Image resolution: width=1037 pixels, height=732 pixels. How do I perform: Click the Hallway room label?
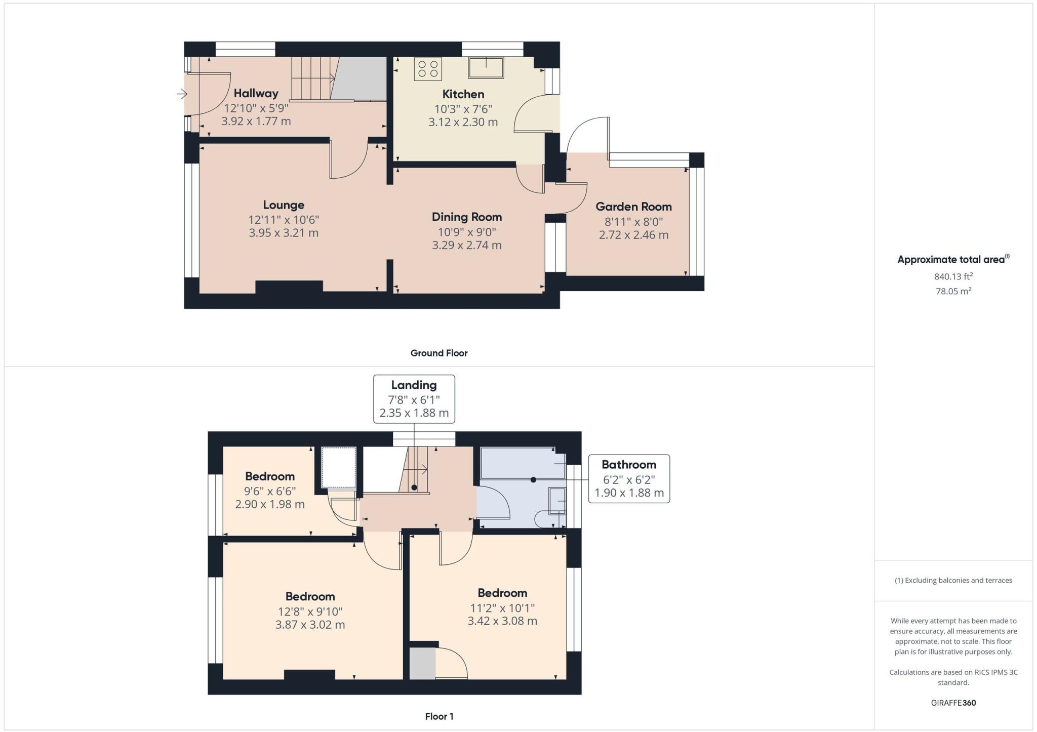click(x=256, y=93)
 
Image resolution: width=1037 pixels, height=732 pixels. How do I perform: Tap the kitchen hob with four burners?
click(x=428, y=69)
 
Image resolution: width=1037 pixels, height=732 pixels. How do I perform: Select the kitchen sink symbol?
click(x=486, y=68)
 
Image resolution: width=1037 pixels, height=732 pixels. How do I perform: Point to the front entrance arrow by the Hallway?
click(x=182, y=94)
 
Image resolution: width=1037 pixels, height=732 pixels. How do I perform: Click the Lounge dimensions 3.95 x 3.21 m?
click(x=284, y=233)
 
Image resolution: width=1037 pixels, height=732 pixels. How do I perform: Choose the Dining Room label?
click(x=466, y=217)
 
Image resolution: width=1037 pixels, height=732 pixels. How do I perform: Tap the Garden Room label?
click(x=633, y=207)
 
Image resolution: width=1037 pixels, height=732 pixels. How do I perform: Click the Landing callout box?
click(x=414, y=399)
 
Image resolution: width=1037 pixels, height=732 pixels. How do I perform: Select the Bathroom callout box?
click(x=629, y=478)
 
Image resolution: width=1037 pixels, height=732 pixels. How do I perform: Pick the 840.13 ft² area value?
click(x=953, y=276)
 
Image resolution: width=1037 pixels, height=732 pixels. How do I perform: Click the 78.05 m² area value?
click(x=953, y=291)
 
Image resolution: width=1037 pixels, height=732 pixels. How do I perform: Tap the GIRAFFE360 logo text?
click(x=953, y=703)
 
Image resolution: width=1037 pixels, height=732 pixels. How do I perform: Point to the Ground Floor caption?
click(x=438, y=353)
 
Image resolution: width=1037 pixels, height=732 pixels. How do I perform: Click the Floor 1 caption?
click(x=439, y=716)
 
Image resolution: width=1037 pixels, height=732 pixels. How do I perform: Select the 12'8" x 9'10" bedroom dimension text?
click(x=310, y=611)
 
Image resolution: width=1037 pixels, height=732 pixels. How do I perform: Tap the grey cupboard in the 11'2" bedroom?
click(x=422, y=663)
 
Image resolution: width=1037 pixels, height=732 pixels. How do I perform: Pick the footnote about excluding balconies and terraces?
click(x=953, y=580)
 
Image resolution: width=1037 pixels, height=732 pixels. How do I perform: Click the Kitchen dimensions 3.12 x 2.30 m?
click(x=463, y=122)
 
